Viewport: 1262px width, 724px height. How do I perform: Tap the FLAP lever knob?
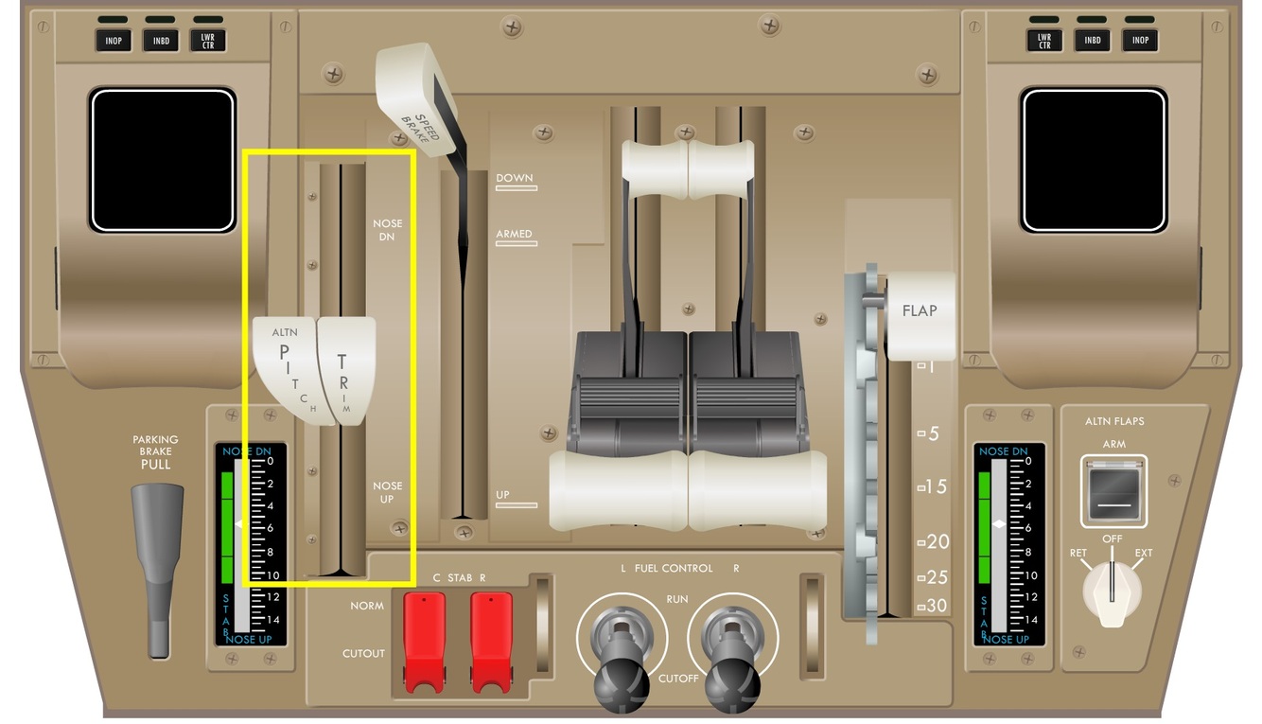pyautogui.click(x=920, y=313)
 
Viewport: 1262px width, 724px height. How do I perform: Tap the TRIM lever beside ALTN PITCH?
pyautogui.click(x=344, y=369)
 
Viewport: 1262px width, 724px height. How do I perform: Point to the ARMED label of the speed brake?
pyautogui.click(x=515, y=234)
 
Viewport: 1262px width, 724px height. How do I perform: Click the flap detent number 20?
pyautogui.click(x=937, y=542)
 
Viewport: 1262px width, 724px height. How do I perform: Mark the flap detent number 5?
pyautogui.click(x=933, y=433)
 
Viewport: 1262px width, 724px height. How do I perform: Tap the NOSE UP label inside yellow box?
pyautogui.click(x=387, y=492)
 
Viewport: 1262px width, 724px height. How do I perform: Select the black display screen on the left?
pyautogui.click(x=162, y=161)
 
